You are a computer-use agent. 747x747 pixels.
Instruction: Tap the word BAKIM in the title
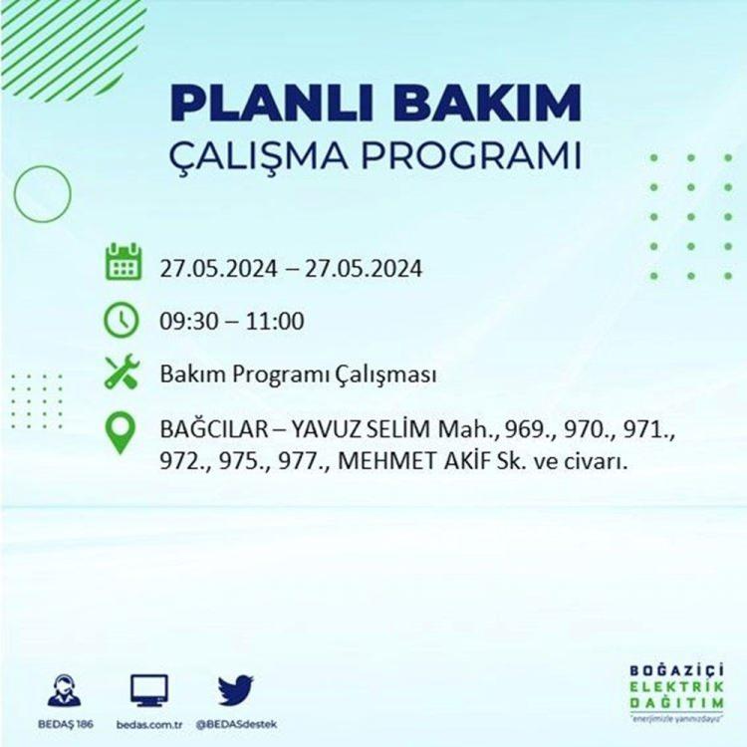(487, 104)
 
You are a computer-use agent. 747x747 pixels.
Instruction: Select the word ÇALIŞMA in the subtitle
(259, 155)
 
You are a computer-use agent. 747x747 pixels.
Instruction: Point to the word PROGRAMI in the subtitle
(471, 154)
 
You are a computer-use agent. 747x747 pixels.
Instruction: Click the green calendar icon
(123, 261)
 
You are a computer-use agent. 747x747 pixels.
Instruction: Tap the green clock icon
(122, 320)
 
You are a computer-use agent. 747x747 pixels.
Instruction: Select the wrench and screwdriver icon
(122, 373)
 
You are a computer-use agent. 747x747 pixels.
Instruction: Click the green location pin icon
(121, 432)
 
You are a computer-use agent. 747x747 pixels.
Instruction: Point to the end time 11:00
(275, 321)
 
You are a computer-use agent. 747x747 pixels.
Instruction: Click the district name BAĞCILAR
(214, 429)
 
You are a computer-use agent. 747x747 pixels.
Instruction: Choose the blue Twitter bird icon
(236, 690)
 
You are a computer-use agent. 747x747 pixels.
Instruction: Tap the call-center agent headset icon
(65, 690)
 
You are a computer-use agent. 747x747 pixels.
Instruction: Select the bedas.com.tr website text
(149, 725)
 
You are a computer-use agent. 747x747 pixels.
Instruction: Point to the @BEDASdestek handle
(236, 725)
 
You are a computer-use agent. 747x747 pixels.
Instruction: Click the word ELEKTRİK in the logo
(677, 686)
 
